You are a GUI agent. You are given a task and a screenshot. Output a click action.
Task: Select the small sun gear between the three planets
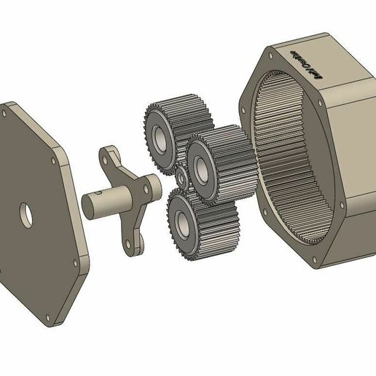[179, 179]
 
